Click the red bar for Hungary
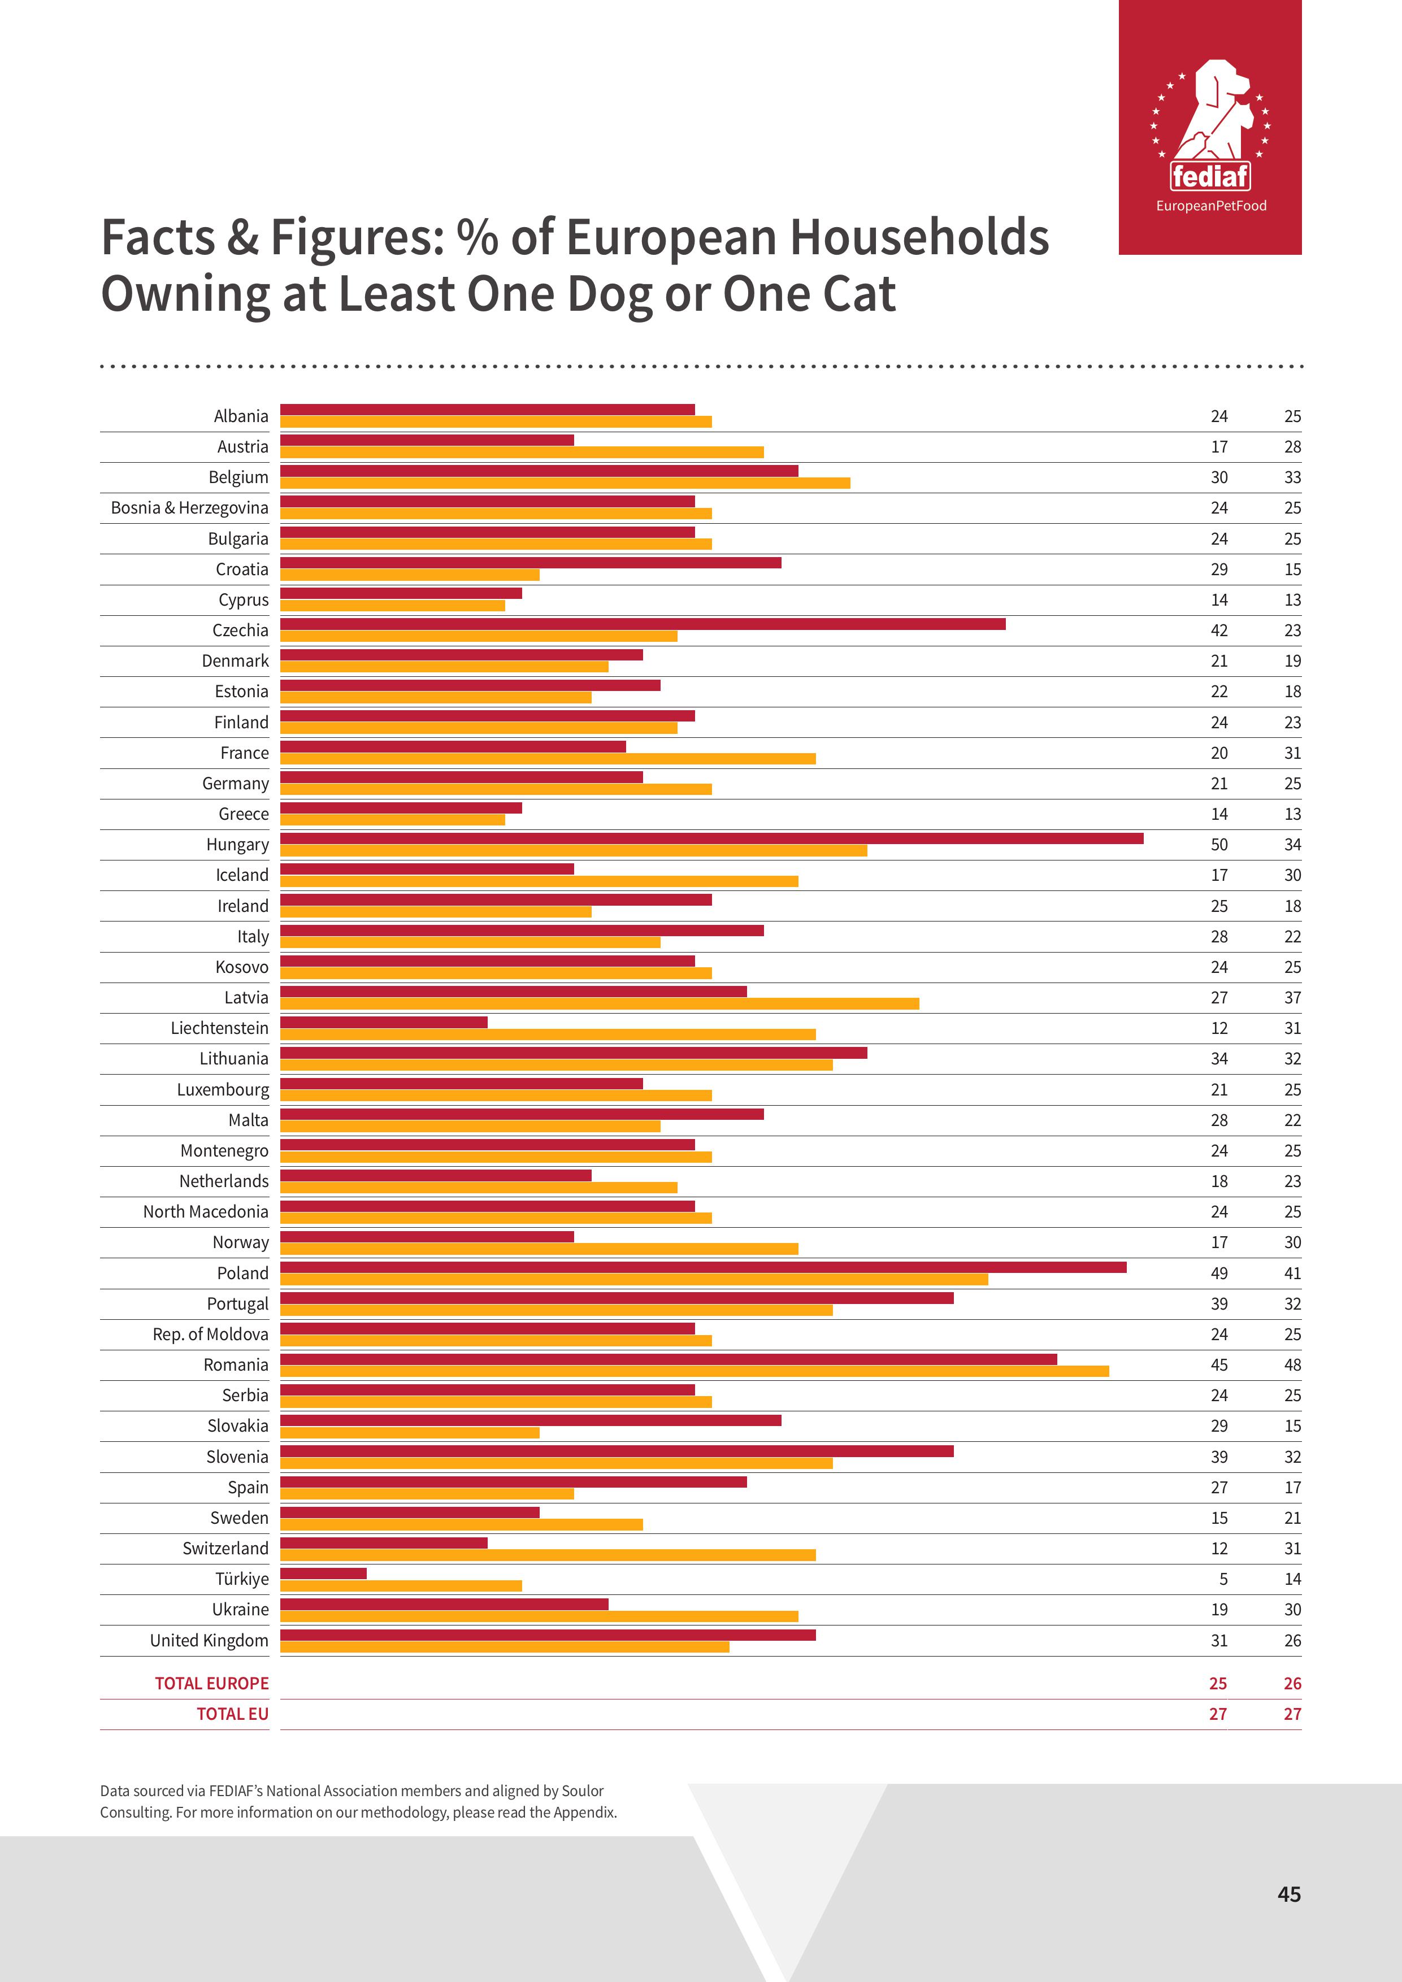tap(711, 838)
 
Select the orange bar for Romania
tap(694, 1371)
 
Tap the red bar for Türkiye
tap(324, 1573)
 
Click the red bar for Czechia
tap(643, 624)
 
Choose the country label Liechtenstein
tap(219, 1028)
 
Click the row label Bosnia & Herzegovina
tap(189, 507)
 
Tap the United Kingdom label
tap(209, 1640)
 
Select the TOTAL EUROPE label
tap(211, 1683)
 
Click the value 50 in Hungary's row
tap(1218, 844)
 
